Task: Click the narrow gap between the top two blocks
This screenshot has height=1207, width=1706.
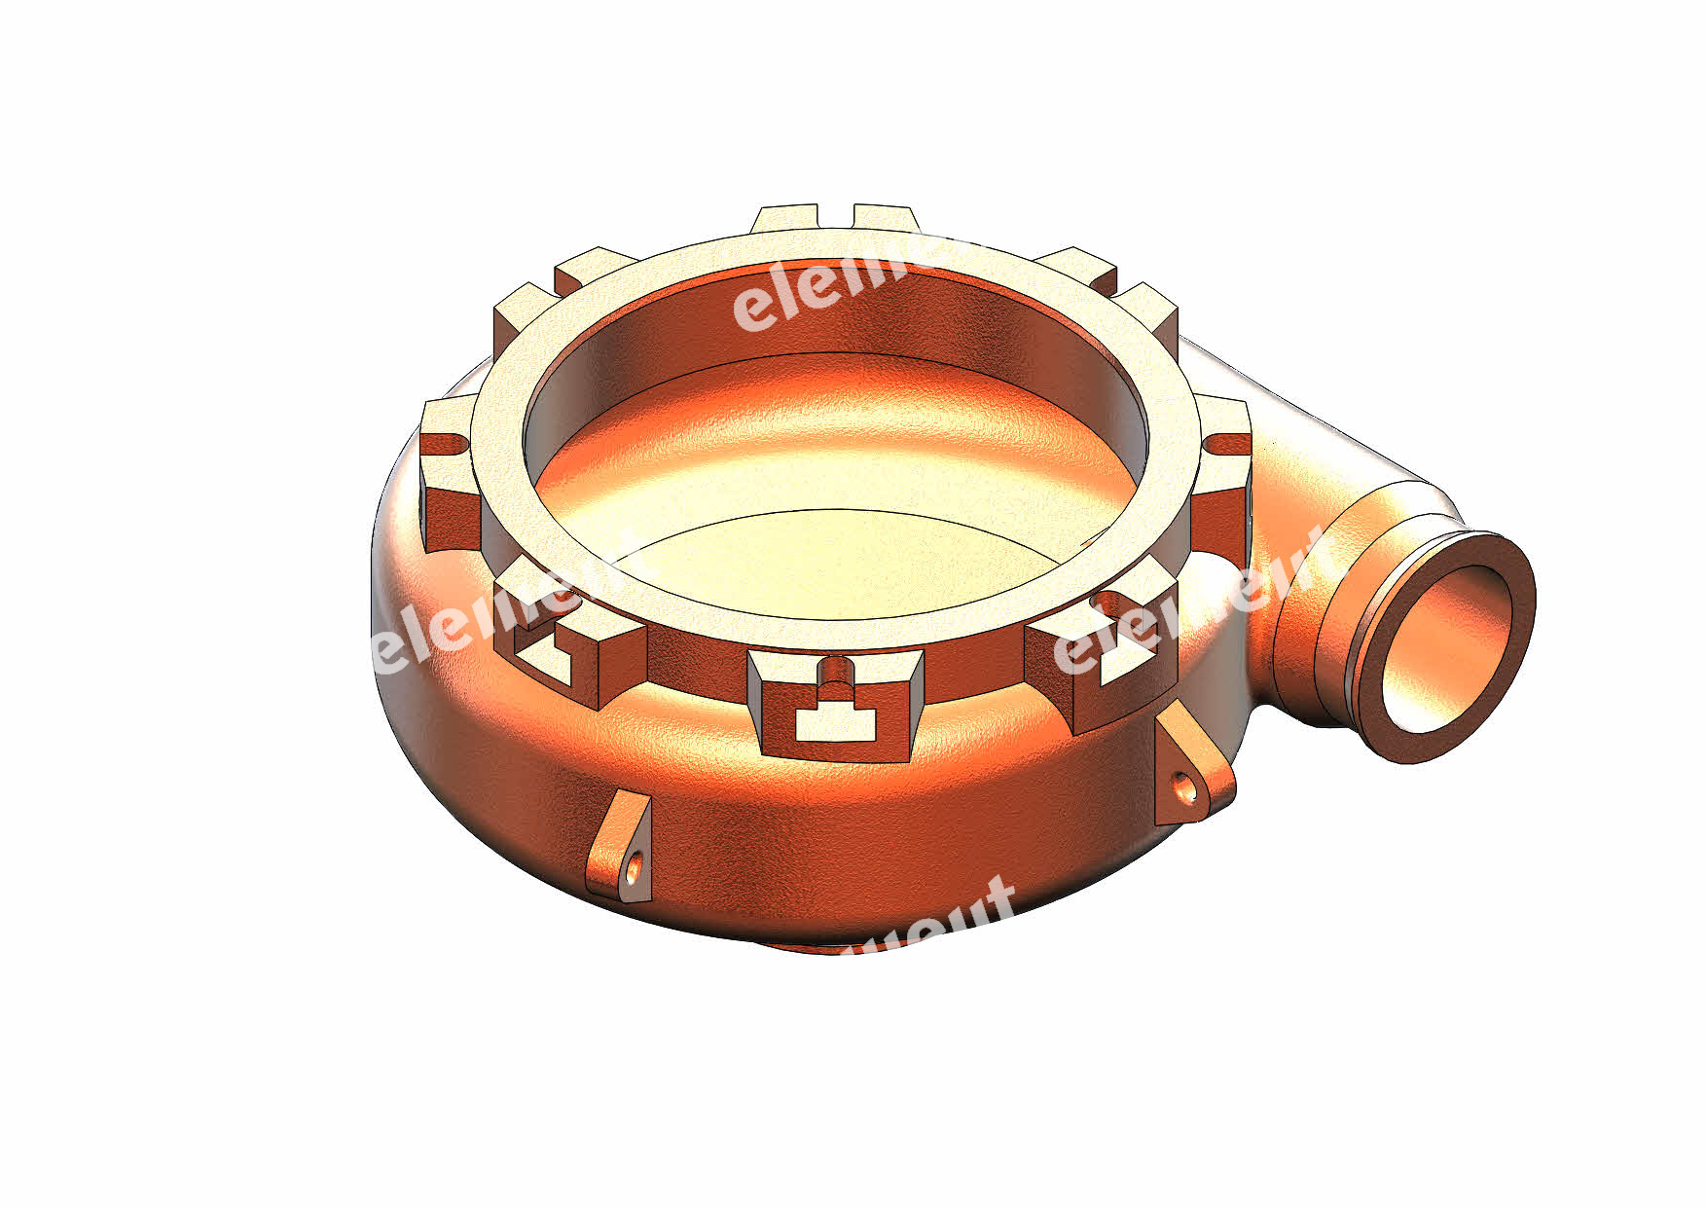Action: coord(835,217)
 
